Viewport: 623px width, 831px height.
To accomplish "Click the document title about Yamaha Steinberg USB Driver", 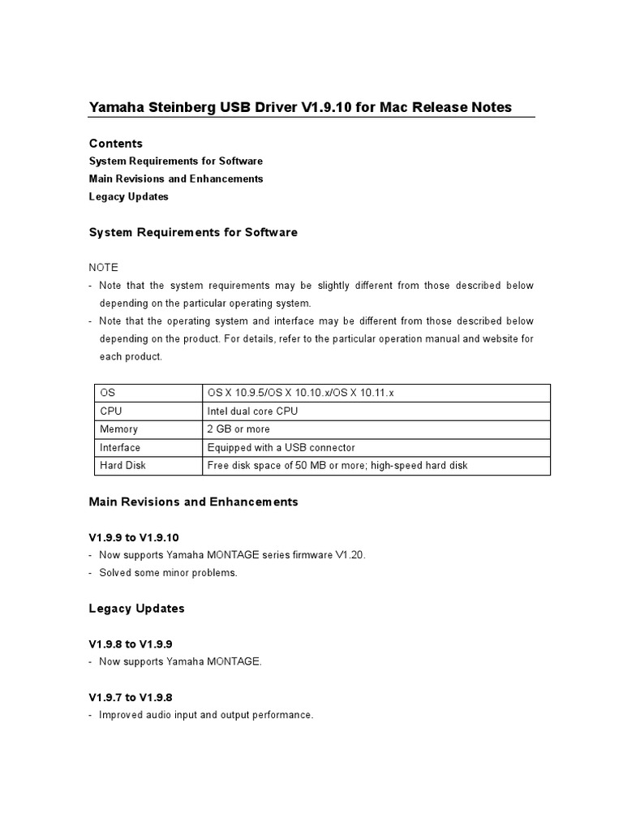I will (300, 107).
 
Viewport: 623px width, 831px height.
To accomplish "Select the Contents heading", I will (115, 144).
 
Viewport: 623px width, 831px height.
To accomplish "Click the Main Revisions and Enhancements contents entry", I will (175, 179).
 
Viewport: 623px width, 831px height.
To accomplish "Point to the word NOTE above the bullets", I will (103, 267).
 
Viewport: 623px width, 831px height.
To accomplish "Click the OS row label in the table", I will (107, 393).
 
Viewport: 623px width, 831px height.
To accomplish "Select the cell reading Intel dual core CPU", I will (252, 411).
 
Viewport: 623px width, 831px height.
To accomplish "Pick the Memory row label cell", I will (118, 429).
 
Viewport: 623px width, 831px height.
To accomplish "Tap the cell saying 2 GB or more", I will (238, 429).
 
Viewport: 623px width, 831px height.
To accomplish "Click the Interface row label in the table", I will (120, 448).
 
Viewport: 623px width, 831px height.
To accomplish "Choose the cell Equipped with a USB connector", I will (281, 448).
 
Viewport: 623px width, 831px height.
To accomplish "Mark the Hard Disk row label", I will (122, 466).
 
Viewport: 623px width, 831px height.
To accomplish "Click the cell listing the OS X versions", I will (300, 393).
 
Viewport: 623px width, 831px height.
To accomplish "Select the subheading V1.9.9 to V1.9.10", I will (133, 537).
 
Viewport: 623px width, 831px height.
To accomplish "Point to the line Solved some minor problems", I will (168, 573).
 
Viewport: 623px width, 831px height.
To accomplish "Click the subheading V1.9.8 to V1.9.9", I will (130, 644).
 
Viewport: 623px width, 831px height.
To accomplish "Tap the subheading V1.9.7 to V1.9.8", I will (130, 697).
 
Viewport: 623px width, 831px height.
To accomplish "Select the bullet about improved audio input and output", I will (206, 715).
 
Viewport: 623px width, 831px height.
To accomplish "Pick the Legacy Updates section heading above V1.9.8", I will (136, 608).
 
